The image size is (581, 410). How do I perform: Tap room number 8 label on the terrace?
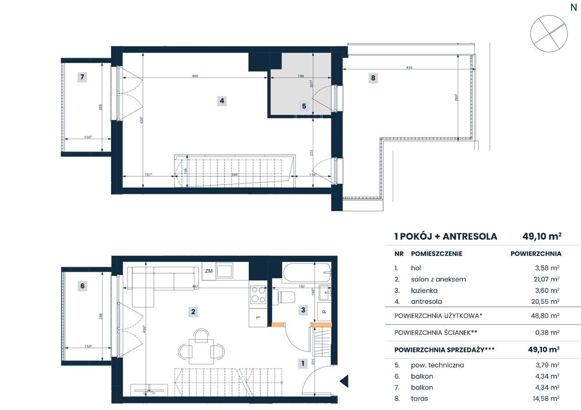pos(373,78)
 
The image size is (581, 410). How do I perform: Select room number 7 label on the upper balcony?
pos(82,77)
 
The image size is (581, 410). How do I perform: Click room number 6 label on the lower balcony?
pos(82,286)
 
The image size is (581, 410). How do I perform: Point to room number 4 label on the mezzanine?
pos(222,101)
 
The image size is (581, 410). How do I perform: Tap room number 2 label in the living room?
pos(193,311)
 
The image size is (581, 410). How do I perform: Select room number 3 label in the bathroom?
pos(303,310)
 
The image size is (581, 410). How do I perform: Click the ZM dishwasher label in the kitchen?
pos(209,271)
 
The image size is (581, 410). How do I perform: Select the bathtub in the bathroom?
pos(307,273)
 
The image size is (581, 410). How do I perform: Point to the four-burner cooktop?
pos(258,295)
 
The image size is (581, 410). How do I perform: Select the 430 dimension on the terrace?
pos(409,68)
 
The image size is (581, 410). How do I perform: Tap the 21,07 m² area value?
pos(547,280)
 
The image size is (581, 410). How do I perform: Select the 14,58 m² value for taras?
pos(547,399)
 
